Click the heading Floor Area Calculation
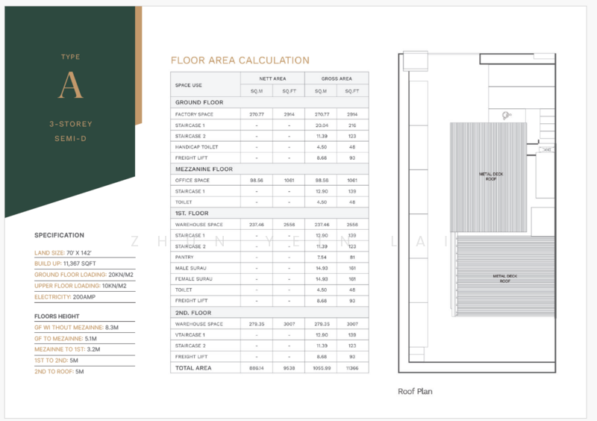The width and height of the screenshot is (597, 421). (x=240, y=60)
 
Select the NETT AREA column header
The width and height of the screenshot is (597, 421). (x=272, y=78)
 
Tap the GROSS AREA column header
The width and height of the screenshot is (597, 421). (x=337, y=78)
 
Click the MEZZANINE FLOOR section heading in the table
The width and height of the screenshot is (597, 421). (x=204, y=169)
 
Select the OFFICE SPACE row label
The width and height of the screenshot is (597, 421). (x=193, y=180)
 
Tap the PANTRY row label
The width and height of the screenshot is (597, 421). (x=185, y=257)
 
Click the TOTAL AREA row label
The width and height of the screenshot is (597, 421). (x=193, y=368)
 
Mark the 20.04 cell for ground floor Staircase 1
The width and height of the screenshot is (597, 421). (x=321, y=125)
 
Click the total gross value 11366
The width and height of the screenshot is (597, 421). (x=352, y=368)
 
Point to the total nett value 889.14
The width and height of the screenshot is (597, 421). (x=257, y=368)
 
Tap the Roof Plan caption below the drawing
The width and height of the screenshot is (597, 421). (x=416, y=391)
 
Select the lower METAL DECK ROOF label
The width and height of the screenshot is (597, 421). (x=505, y=278)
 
